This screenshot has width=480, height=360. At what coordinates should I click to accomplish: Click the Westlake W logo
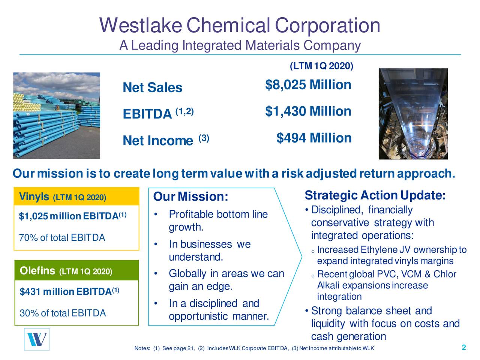(37, 339)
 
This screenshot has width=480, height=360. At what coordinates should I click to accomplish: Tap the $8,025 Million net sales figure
(308, 85)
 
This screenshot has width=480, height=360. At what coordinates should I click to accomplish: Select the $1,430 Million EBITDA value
(308, 112)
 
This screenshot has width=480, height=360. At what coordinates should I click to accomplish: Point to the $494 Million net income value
(313, 138)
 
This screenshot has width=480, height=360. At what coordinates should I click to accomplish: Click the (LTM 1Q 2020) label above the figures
(321, 66)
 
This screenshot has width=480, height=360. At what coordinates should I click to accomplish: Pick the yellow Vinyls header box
(76, 197)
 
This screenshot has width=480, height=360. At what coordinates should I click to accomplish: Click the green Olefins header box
(76, 271)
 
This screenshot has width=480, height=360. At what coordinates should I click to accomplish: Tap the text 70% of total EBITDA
(62, 238)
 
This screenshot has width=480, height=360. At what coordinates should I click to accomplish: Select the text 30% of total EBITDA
(62, 313)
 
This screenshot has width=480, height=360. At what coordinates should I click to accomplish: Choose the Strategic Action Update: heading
(375, 196)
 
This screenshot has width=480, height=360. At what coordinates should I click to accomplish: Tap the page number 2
(464, 348)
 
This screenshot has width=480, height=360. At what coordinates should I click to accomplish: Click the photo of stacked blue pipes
(57, 115)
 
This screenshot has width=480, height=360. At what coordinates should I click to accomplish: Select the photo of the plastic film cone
(413, 114)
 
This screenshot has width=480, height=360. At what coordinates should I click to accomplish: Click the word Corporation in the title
(327, 25)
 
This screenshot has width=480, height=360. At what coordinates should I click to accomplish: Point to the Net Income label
(157, 141)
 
